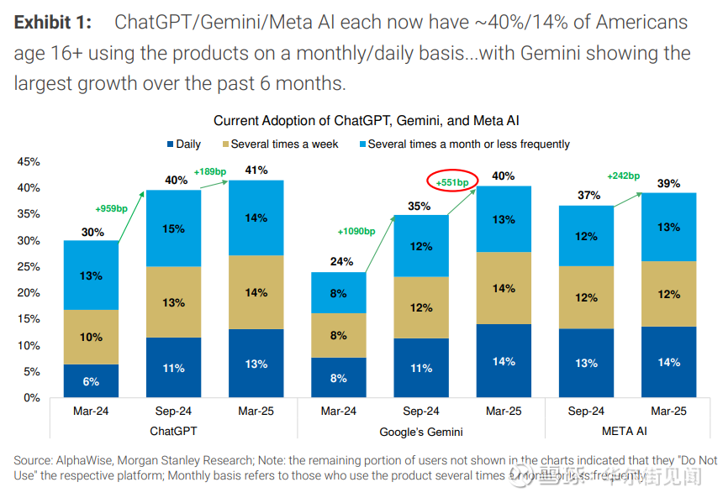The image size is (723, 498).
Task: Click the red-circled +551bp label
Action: (x=452, y=181)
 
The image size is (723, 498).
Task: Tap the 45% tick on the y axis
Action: (x=29, y=161)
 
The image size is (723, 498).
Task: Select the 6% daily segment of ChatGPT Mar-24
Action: (x=91, y=381)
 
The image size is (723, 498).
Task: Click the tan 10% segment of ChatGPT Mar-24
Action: (x=91, y=337)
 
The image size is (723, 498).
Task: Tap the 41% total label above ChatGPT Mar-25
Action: (x=256, y=170)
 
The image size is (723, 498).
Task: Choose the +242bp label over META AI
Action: (x=623, y=176)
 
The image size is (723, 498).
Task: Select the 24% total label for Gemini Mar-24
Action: (x=338, y=261)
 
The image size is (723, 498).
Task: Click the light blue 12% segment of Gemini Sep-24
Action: (x=421, y=246)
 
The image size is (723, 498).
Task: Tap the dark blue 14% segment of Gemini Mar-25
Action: (x=504, y=361)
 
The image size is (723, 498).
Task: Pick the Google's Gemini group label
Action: (x=420, y=432)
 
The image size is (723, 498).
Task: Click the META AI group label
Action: (x=627, y=432)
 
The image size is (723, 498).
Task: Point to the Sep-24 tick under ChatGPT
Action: (x=174, y=412)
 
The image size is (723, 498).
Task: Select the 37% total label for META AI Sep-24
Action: (x=586, y=195)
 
